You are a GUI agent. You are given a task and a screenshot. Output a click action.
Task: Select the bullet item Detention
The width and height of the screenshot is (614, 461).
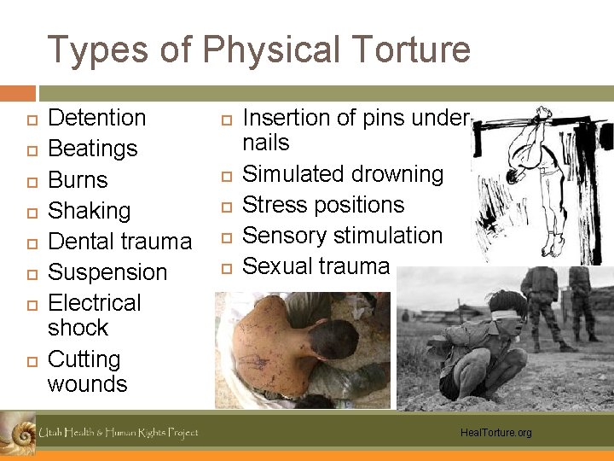click(96, 118)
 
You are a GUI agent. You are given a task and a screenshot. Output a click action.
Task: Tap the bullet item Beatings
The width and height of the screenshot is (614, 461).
click(92, 149)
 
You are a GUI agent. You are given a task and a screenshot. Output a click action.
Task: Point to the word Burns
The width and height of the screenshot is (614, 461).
click(78, 180)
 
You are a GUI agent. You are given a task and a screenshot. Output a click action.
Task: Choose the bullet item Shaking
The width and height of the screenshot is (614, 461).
click(89, 211)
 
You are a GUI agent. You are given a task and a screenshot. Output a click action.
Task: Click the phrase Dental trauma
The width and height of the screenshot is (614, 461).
click(119, 242)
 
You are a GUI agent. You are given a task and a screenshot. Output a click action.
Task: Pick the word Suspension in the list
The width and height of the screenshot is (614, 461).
click(107, 272)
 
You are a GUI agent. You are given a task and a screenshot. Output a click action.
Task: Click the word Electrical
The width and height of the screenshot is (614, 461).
click(95, 303)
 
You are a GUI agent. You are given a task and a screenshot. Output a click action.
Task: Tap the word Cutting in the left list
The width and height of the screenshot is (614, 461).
click(84, 359)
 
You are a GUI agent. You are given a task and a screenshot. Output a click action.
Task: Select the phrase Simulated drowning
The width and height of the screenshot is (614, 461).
click(343, 174)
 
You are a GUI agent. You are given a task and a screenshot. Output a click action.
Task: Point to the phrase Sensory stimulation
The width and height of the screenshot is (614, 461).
click(343, 236)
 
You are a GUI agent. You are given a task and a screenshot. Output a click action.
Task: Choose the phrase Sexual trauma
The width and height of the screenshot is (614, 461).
click(316, 266)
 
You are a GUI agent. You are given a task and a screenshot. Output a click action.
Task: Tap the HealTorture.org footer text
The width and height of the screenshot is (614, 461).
click(495, 433)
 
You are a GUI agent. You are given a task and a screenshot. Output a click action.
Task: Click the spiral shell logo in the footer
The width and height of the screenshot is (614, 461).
click(16, 432)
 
